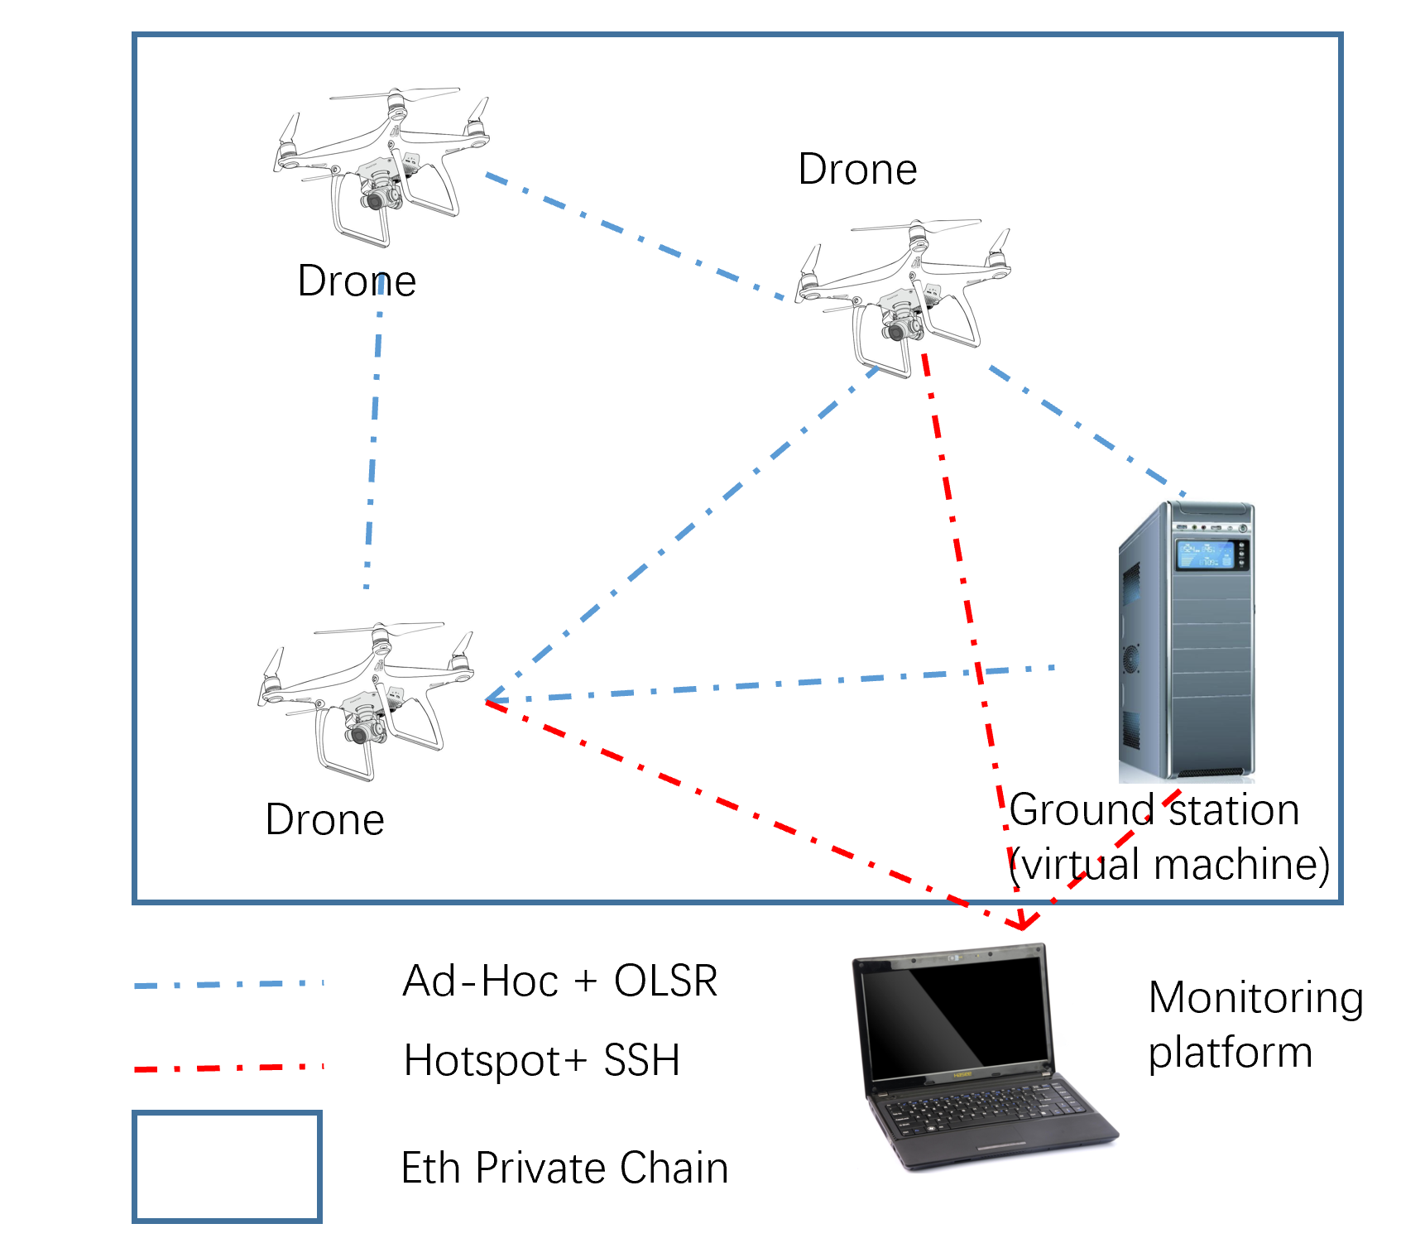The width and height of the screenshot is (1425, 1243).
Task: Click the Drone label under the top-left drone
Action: pyautogui.click(x=357, y=281)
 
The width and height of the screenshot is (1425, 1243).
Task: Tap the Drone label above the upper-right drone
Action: pyautogui.click(x=857, y=170)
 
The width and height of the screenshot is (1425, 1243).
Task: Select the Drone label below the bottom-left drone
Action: pyautogui.click(x=324, y=820)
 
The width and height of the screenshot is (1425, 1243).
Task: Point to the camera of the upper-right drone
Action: pyautogui.click(x=897, y=331)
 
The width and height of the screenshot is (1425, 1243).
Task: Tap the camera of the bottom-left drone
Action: pyautogui.click(x=361, y=734)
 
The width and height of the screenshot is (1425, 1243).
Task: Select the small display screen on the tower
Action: pyautogui.click(x=1206, y=554)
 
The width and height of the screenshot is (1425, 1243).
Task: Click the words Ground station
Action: pyautogui.click(x=1154, y=810)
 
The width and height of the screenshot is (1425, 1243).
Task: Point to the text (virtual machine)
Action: pyautogui.click(x=1169, y=865)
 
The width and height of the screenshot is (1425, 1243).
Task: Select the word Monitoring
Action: pyautogui.click(x=1255, y=998)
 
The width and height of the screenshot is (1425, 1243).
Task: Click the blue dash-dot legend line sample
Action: pyautogui.click(x=228, y=985)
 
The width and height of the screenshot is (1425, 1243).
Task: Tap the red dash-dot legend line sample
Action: pyautogui.click(x=228, y=1068)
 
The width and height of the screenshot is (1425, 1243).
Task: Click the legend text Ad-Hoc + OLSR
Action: pyautogui.click(x=559, y=981)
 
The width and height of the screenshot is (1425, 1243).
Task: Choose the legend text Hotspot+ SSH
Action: pyautogui.click(x=542, y=1061)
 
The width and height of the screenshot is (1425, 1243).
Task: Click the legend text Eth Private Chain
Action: pyautogui.click(x=564, y=1169)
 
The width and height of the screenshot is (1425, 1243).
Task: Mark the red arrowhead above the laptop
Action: pyautogui.click(x=1024, y=921)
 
